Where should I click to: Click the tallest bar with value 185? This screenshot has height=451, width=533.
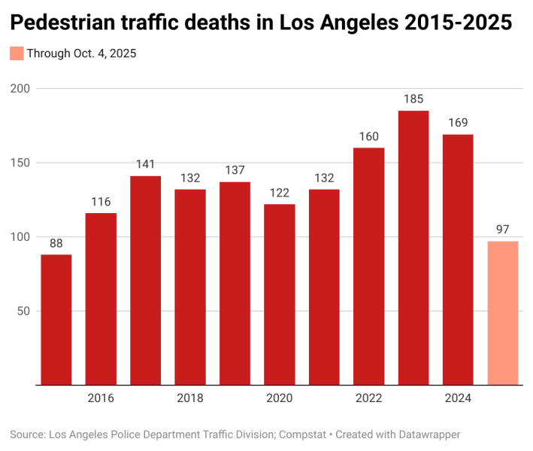(x=413, y=248)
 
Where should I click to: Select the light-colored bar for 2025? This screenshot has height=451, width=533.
(x=502, y=312)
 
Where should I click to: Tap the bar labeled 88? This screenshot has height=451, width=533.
(x=56, y=319)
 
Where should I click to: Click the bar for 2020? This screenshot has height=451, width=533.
(x=279, y=294)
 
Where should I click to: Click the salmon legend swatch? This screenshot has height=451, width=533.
(x=17, y=53)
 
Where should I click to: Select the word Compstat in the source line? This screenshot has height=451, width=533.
(x=306, y=434)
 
